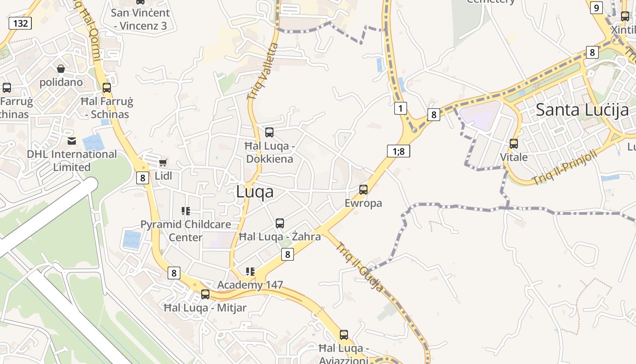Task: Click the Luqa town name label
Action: click(255, 192)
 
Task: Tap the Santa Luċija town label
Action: click(582, 110)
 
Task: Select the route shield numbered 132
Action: click(20, 23)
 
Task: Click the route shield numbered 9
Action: click(596, 8)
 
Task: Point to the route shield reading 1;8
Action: click(398, 151)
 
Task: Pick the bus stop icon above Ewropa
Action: click(363, 190)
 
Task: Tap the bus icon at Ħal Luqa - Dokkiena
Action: click(269, 132)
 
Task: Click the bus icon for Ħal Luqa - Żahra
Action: click(280, 223)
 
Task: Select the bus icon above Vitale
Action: click(514, 144)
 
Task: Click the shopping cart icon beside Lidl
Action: click(163, 162)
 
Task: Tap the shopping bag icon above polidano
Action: click(61, 69)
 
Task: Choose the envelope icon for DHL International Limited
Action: click(72, 141)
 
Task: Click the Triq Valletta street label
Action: click(262, 71)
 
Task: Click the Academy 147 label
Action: click(250, 285)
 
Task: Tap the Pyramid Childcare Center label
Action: click(185, 231)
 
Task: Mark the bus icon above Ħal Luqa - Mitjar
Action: click(205, 294)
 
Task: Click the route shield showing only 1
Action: click(400, 108)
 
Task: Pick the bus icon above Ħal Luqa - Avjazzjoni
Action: click(344, 335)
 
